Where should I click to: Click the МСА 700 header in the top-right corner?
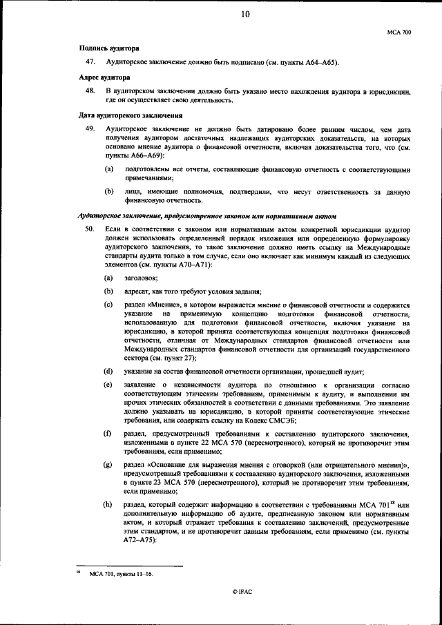pyautogui.click(x=400, y=32)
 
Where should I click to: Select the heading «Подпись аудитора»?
pyautogui.click(x=109, y=48)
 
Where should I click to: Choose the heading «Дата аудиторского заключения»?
pyautogui.click(x=131, y=115)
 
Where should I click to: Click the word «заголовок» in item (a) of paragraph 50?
pyautogui.click(x=140, y=278)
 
